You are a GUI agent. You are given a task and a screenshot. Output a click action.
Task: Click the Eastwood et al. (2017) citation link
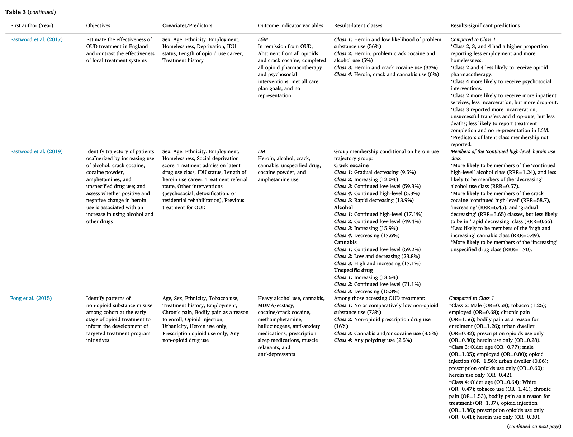click(36, 39)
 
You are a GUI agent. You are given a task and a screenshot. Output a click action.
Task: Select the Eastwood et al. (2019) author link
click(36, 151)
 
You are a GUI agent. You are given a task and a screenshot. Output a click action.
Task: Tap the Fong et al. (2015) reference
click(31, 298)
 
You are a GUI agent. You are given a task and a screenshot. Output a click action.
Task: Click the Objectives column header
click(98, 25)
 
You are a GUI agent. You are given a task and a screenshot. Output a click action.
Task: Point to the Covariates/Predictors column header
click(187, 25)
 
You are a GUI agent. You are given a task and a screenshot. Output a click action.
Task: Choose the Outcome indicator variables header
click(290, 25)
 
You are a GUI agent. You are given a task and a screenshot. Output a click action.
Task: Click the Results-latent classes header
click(358, 25)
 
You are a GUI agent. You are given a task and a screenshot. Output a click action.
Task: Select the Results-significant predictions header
click(485, 25)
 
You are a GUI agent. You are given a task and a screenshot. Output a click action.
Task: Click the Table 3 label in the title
click(13, 12)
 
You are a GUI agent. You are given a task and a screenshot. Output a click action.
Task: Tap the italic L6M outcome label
click(263, 39)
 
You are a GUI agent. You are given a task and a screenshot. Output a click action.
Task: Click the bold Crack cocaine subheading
click(351, 165)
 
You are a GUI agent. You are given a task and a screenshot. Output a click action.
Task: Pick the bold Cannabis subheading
click(345, 242)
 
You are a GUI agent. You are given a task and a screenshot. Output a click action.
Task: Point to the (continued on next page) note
click(534, 426)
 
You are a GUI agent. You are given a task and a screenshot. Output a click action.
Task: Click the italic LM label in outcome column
click(261, 151)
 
